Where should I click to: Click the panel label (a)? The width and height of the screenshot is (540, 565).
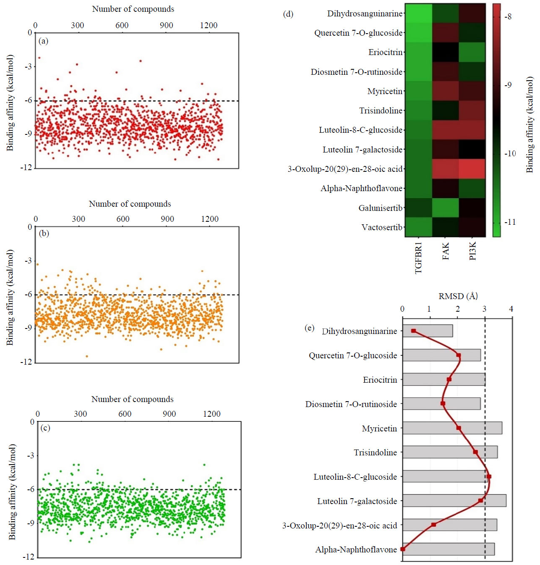tap(43, 41)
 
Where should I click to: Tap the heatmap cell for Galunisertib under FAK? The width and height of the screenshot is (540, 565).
tap(445, 208)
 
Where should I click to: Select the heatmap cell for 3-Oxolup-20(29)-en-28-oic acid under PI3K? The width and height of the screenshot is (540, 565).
tap(472, 168)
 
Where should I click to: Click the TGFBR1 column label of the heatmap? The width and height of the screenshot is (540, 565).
tap(418, 258)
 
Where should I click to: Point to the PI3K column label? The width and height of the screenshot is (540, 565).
tap(472, 251)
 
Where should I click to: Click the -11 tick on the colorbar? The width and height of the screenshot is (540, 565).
tap(510, 222)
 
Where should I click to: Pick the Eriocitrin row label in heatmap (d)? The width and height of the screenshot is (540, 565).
tap(385, 52)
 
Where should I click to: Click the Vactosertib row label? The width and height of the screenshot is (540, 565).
tap(382, 227)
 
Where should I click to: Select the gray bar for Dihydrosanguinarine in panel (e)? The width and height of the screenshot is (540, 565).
tap(428, 331)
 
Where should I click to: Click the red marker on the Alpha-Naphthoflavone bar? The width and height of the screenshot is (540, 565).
tap(403, 549)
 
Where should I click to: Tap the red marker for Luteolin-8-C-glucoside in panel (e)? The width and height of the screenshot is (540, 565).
tap(489, 476)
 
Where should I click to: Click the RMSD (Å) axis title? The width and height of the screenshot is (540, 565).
tap(458, 296)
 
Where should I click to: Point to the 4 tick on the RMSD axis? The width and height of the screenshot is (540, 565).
tap(511, 309)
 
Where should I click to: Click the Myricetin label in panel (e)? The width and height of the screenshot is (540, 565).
tap(379, 428)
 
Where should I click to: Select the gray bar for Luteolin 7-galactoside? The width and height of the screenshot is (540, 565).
tap(454, 500)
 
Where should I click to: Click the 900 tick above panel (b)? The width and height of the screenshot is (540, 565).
tap(167, 219)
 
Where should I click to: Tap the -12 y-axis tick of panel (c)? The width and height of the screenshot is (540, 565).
tap(29, 557)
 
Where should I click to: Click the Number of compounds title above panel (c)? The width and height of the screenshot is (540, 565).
tap(132, 399)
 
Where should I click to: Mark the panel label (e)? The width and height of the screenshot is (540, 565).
tap(309, 328)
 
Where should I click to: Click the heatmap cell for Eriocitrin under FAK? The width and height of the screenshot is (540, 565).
tap(445, 52)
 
